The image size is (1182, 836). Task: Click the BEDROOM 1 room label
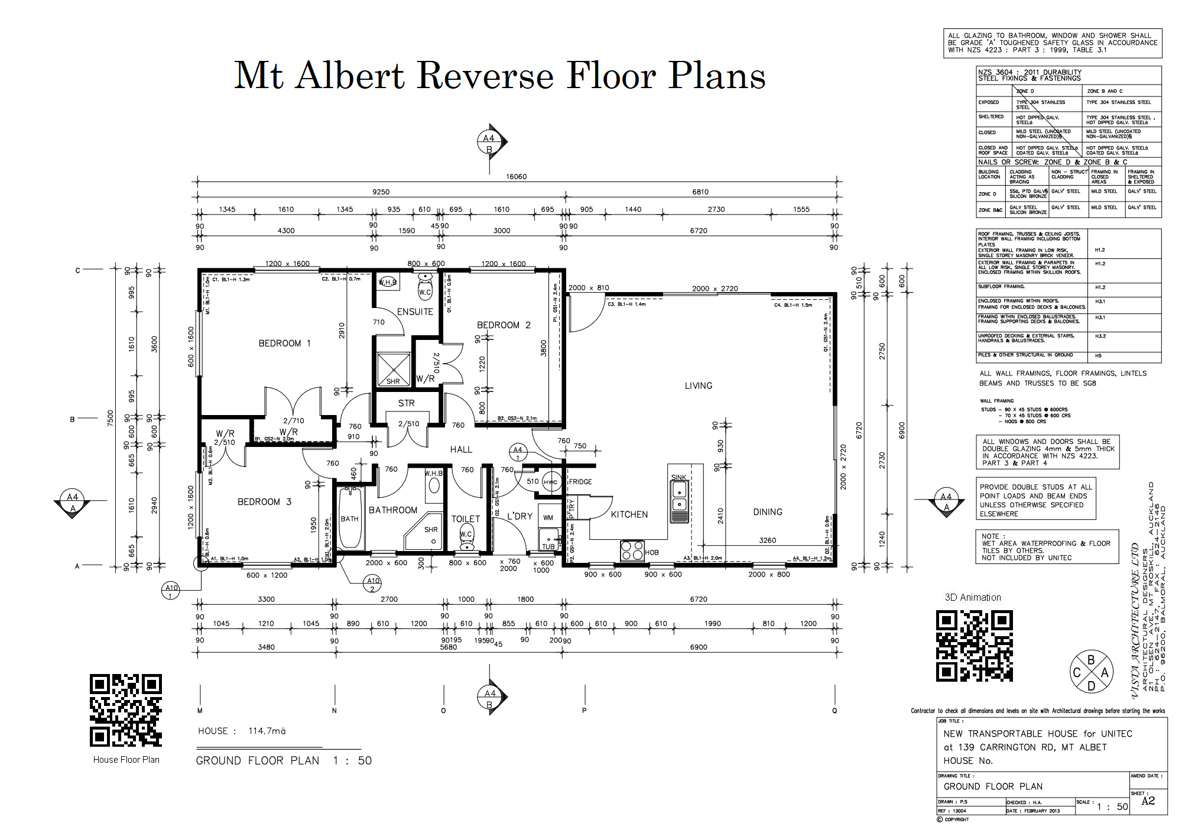click(284, 344)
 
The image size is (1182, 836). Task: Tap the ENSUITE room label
click(415, 312)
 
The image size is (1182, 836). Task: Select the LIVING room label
click(699, 385)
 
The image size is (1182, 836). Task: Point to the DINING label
click(767, 512)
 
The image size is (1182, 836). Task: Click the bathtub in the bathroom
click(349, 519)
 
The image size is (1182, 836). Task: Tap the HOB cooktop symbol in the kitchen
click(631, 550)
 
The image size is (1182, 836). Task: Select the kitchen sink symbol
click(680, 497)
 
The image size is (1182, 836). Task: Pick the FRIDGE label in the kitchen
click(580, 482)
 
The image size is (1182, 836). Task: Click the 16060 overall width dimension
click(516, 177)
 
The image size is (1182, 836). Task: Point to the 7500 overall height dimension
click(110, 417)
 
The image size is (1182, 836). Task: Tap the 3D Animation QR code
click(975, 646)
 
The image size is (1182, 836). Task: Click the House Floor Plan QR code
click(126, 710)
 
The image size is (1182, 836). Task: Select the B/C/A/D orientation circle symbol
click(1091, 672)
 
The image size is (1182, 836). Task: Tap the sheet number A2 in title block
click(1148, 801)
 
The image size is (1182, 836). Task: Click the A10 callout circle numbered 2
click(372, 584)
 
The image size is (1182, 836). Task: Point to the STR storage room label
click(406, 403)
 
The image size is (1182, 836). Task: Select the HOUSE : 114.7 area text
click(242, 731)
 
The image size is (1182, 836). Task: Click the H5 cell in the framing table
click(1098, 356)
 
